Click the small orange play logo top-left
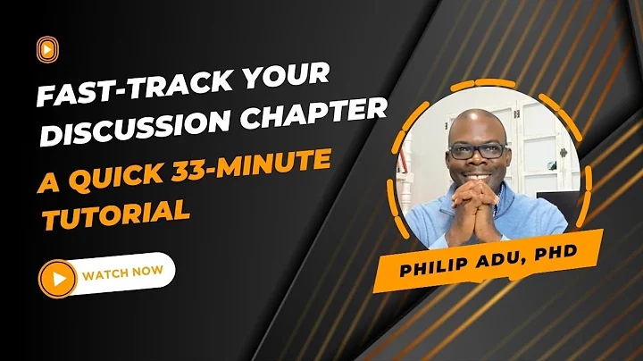[x=44, y=46]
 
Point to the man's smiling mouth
[x=478, y=175]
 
